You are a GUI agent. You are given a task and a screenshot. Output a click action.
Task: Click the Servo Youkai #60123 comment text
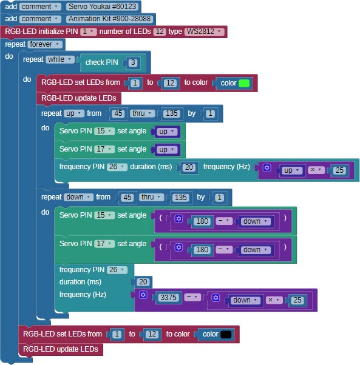click(102, 7)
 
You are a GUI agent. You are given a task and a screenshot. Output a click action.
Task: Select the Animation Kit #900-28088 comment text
click(109, 19)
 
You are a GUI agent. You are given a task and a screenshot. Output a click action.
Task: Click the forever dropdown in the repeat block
click(45, 44)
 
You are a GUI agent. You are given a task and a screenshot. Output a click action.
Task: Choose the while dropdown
click(60, 59)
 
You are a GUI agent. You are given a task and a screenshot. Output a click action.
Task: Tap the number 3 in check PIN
click(133, 62)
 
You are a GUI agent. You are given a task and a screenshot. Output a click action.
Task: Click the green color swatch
click(244, 83)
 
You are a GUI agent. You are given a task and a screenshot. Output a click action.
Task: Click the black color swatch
click(226, 335)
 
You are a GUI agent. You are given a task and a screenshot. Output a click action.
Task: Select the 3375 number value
click(169, 298)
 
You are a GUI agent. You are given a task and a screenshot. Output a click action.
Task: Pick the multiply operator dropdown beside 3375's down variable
click(274, 300)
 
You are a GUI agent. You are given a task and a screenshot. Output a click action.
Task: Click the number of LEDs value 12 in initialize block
click(160, 31)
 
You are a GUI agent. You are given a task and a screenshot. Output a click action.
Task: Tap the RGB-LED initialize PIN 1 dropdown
click(88, 31)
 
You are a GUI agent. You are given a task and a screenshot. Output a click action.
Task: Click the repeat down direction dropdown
click(78, 197)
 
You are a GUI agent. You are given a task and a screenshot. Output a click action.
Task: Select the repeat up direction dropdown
click(74, 113)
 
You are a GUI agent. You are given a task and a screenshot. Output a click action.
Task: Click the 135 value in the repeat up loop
click(172, 113)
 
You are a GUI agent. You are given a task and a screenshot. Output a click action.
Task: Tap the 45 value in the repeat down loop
click(127, 198)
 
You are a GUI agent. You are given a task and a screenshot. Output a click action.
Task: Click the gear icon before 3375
click(143, 295)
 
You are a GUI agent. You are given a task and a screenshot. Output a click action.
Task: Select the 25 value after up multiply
click(339, 170)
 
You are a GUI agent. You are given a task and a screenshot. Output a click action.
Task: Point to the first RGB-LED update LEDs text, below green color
click(78, 98)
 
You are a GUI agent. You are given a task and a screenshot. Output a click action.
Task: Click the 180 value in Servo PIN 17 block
click(202, 250)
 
